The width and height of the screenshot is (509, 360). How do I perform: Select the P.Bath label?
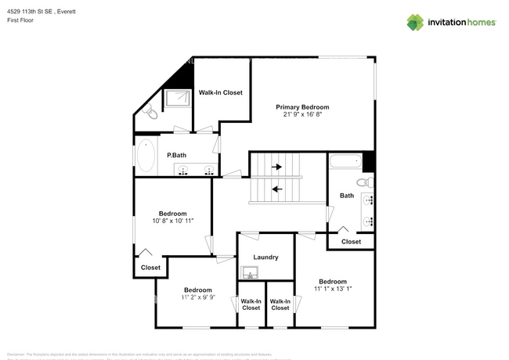pos(176,155)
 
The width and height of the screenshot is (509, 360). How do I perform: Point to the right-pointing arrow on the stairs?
pos(276,167)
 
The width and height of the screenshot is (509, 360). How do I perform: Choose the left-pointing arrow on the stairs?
pos(276,188)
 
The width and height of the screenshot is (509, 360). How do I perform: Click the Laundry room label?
pos(266,257)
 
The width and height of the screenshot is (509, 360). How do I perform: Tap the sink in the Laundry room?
pos(250,272)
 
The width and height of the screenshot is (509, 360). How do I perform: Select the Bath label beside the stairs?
pos(347,196)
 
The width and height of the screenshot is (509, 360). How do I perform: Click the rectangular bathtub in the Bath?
pos(345,163)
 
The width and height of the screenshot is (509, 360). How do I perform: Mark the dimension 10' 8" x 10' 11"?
pos(171,221)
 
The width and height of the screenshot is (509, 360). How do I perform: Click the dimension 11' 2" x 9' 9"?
pos(197,297)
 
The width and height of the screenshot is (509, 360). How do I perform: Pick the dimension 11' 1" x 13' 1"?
pos(332,289)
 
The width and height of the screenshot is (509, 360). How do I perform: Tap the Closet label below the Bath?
pos(351,242)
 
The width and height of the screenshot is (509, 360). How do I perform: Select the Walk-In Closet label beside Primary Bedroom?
pos(221,92)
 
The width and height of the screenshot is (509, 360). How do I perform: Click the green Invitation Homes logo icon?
pos(415,22)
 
